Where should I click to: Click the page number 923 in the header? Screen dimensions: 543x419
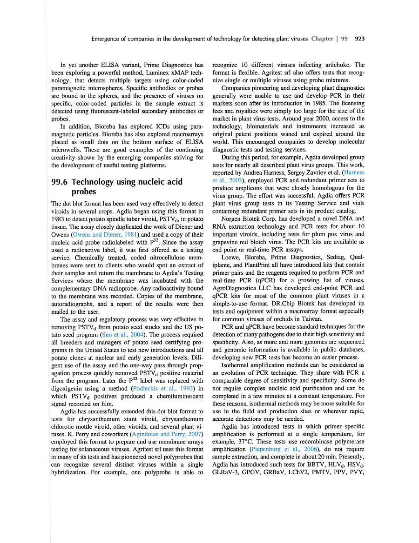pyautogui.click(x=359, y=39)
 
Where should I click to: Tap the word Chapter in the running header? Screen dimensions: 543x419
pyautogui.click(x=322, y=39)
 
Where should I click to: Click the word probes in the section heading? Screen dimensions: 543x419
pyautogui.click(x=84, y=192)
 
